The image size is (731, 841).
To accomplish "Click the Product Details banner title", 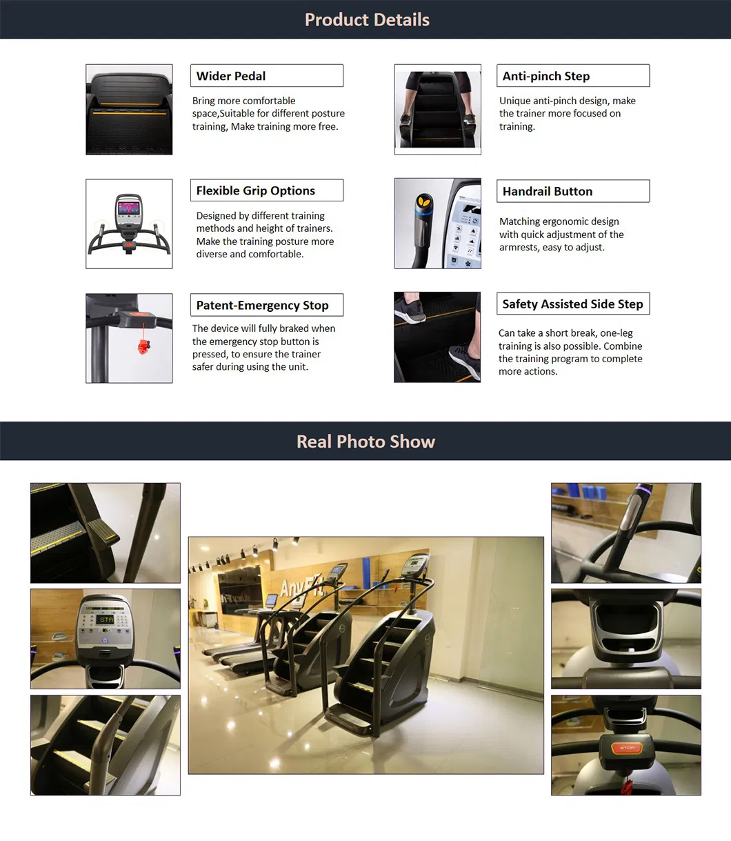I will click(x=367, y=20).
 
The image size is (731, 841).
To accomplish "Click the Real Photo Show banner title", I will click(x=365, y=442).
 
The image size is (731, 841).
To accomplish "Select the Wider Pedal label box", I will click(x=266, y=76).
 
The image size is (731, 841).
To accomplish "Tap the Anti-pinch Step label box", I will click(x=572, y=76).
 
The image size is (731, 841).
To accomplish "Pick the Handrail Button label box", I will click(x=572, y=191).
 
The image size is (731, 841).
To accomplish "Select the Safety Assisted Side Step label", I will click(x=572, y=304).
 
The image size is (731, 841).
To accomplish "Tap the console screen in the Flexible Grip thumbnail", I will click(x=129, y=208).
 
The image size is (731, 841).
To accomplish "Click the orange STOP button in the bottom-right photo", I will click(x=626, y=748).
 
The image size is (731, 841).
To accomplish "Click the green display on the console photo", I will click(x=106, y=620).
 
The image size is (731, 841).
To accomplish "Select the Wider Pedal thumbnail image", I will click(x=129, y=110).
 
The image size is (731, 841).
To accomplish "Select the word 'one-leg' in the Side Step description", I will click(x=617, y=333).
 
